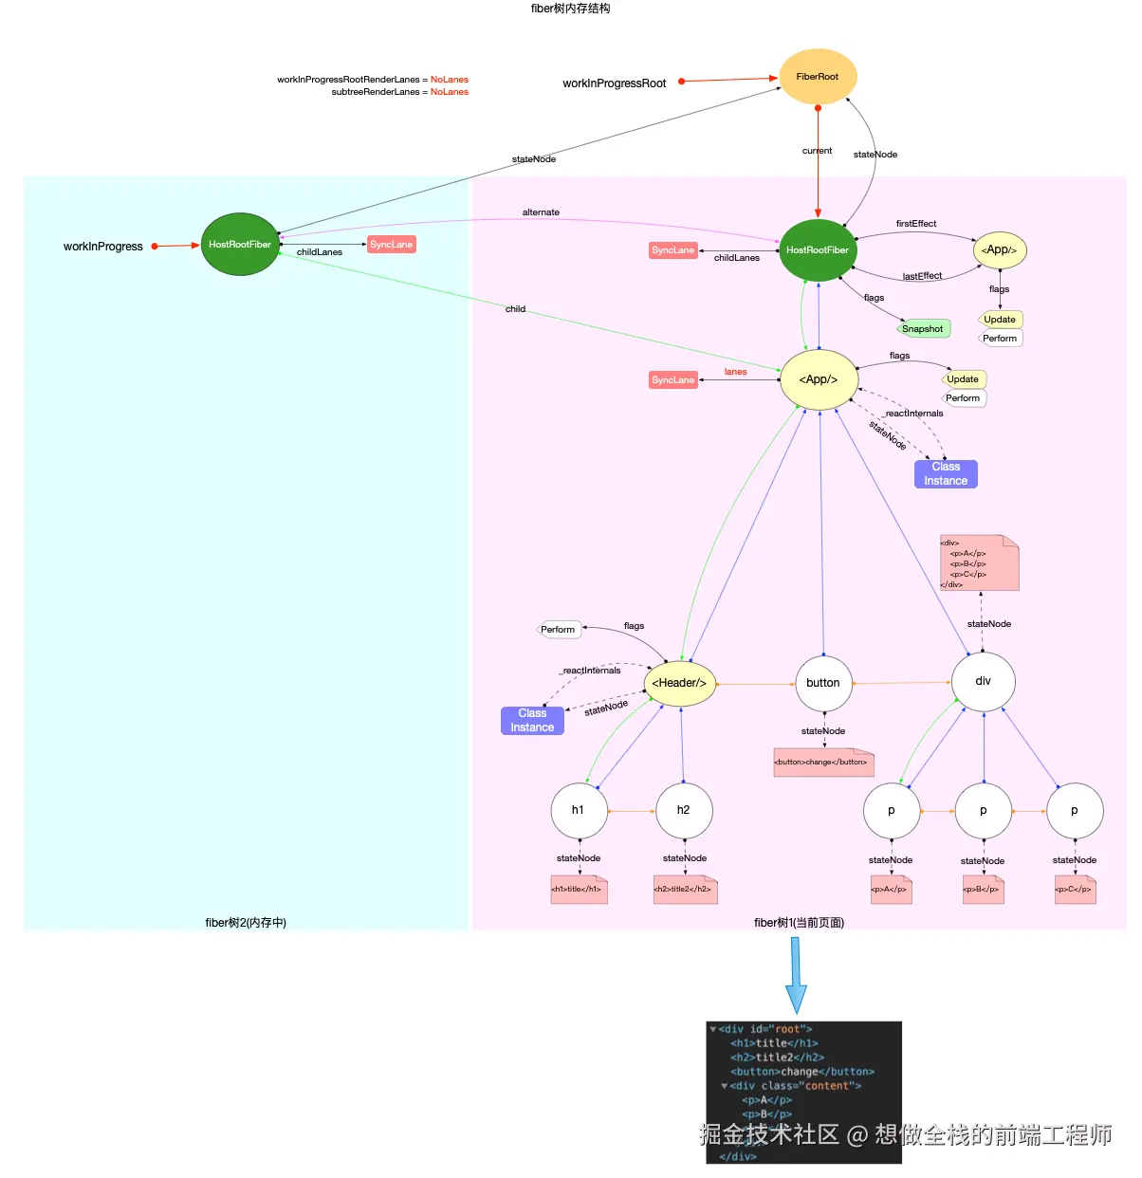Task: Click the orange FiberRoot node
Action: point(817,77)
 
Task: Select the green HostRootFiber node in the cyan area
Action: point(240,245)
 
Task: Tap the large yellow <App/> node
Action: point(818,379)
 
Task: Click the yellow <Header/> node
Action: point(679,683)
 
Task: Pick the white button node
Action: point(823,683)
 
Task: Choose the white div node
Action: point(983,681)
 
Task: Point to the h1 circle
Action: point(579,810)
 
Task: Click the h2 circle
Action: point(684,810)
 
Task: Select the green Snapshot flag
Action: point(923,329)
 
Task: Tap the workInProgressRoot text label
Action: point(615,83)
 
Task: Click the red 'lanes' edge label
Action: point(735,372)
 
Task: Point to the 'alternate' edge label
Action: point(541,212)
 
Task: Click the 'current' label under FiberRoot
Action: point(817,151)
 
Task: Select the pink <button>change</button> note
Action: point(822,763)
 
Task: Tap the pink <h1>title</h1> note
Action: point(579,890)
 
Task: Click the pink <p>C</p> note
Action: point(1075,890)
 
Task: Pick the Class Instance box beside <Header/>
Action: point(532,721)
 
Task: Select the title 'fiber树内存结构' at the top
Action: point(570,9)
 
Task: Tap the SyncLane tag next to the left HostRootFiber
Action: point(391,245)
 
